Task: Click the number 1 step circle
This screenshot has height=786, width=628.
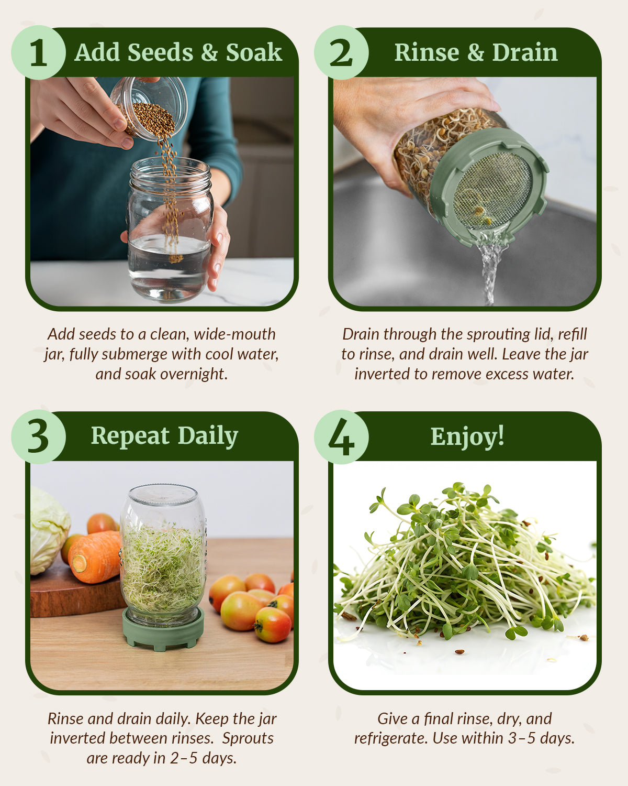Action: tap(38, 52)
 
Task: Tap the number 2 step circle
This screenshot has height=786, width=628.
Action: tap(341, 52)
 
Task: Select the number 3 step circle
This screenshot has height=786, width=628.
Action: tap(38, 437)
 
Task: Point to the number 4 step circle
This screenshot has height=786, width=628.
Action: tap(341, 437)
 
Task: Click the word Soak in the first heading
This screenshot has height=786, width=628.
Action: tap(254, 52)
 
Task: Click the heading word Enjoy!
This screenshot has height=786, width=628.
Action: tap(467, 436)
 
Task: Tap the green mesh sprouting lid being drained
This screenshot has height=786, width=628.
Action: tap(489, 189)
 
